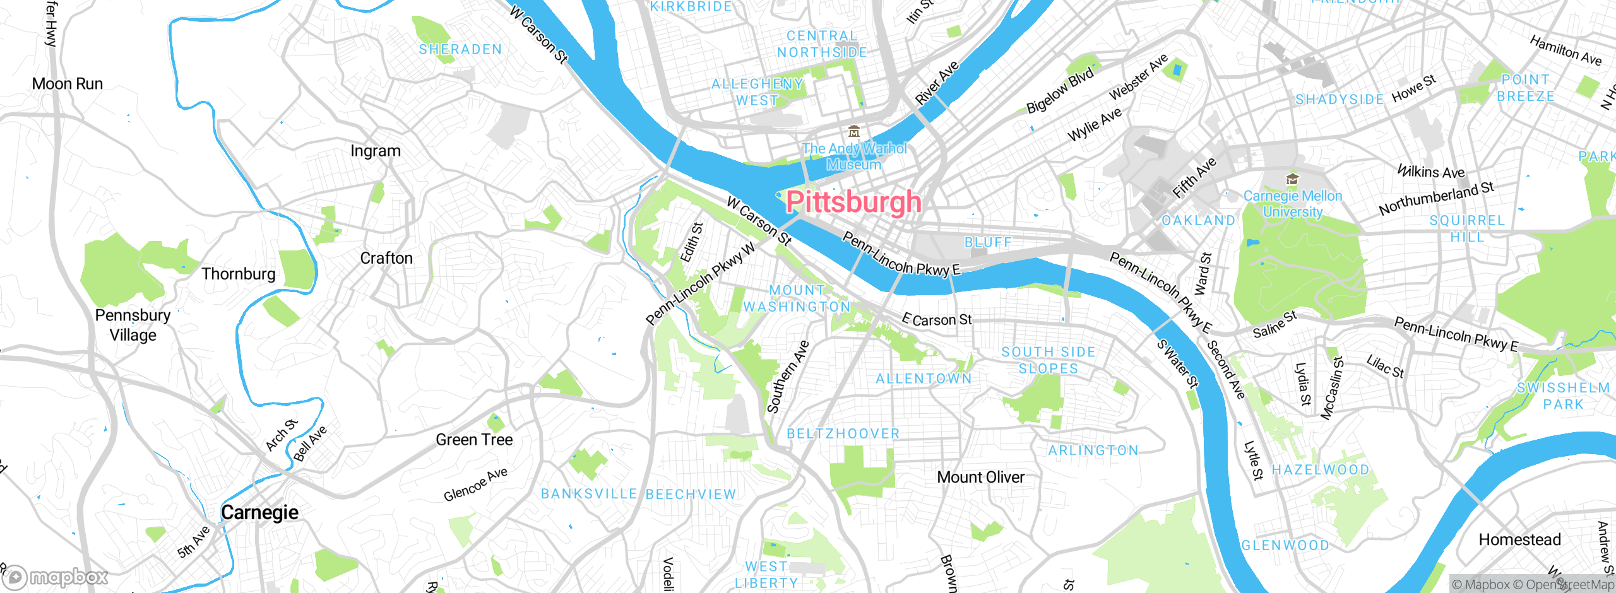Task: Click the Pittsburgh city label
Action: point(853,202)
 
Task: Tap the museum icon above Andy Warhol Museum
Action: point(854,132)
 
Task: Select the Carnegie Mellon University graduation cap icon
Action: point(1292,179)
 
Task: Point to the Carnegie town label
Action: point(259,512)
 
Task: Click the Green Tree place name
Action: point(474,440)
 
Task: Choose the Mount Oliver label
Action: point(980,478)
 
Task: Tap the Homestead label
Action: point(1519,540)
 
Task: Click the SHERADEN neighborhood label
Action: point(460,49)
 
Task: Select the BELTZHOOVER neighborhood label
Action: point(843,434)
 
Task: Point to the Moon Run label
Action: point(67,84)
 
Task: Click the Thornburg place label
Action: point(238,274)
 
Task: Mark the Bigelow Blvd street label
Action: point(1060,91)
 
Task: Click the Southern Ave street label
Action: point(787,377)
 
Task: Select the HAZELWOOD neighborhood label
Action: point(1321,470)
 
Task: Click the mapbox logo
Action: point(56,577)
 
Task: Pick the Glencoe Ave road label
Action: point(475,484)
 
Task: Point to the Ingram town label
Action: point(376,151)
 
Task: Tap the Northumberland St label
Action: point(1436,198)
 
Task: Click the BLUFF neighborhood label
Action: point(988,243)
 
